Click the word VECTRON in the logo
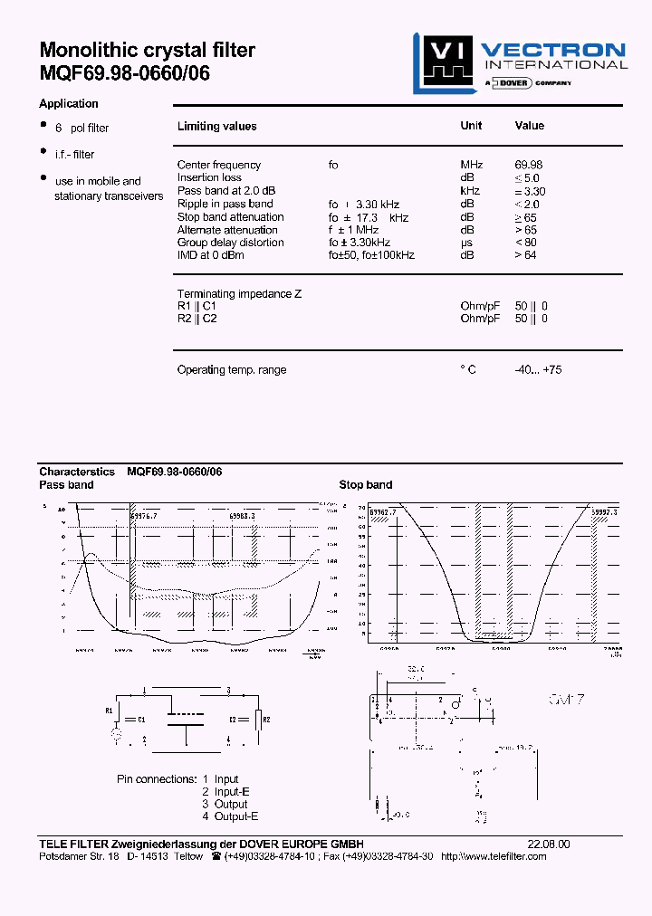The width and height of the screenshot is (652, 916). (552, 51)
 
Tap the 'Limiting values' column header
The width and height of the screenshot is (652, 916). (216, 127)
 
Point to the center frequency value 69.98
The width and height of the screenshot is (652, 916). (529, 165)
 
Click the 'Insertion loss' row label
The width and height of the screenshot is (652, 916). (209, 177)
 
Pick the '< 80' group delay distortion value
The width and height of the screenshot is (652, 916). (525, 243)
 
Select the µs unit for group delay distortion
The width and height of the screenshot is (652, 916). (467, 243)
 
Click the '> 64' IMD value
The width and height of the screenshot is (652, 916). (525, 255)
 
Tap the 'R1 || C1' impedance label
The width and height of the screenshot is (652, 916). (197, 306)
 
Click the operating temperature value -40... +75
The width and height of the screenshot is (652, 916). (538, 369)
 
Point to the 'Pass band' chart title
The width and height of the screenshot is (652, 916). (66, 485)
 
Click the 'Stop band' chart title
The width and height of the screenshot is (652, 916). (366, 485)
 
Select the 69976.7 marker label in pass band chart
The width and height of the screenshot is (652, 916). (143, 516)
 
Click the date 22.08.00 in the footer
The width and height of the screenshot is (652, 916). (549, 844)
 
